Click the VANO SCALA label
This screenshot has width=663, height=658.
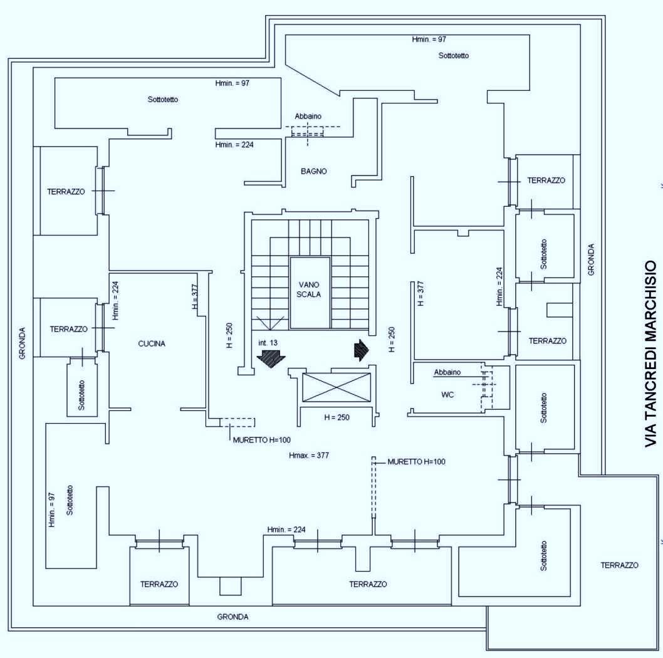[309, 290]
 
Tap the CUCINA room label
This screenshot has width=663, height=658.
[152, 344]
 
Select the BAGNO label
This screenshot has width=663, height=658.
[314, 171]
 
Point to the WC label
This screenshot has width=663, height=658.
[447, 395]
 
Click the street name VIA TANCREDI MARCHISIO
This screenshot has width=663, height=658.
[651, 353]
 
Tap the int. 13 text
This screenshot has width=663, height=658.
[268, 343]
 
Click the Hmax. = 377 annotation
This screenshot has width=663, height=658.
[309, 456]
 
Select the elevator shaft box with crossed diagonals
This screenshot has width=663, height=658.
[337, 387]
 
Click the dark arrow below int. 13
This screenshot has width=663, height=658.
[271, 359]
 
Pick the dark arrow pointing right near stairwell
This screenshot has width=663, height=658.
[362, 350]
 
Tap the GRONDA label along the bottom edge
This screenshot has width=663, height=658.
[232, 617]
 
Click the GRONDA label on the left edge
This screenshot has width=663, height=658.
[23, 343]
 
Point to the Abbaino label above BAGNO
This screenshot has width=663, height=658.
[308, 117]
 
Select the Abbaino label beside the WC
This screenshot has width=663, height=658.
[447, 372]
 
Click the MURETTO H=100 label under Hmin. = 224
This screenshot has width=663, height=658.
[262, 440]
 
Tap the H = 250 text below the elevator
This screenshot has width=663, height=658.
[337, 417]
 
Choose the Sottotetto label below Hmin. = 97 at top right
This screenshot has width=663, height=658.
[454, 55]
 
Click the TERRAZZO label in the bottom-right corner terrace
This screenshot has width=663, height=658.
[620, 565]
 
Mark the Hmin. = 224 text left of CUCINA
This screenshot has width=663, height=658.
[115, 301]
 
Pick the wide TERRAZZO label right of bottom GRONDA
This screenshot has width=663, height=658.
[368, 584]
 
